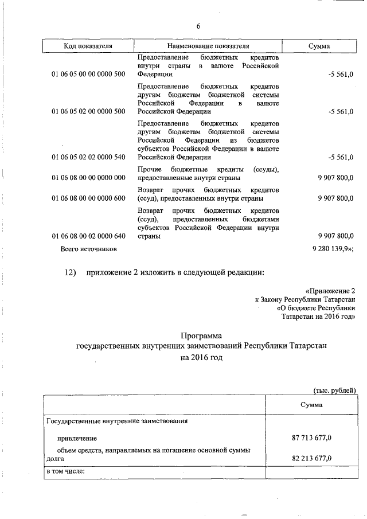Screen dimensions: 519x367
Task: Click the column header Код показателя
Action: [88, 46]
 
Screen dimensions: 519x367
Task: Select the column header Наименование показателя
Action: [208, 46]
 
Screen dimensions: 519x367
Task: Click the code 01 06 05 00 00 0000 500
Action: [88, 74]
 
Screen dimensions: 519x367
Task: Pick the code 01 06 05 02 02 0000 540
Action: [88, 157]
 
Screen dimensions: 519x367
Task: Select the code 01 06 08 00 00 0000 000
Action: [88, 178]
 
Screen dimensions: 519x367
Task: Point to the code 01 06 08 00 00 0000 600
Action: [88, 198]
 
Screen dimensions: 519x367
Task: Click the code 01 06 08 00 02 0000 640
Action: [88, 236]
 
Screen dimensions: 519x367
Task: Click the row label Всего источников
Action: [89, 249]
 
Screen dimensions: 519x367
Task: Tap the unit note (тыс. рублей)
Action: [334, 391]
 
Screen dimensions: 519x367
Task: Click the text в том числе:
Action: [65, 471]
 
